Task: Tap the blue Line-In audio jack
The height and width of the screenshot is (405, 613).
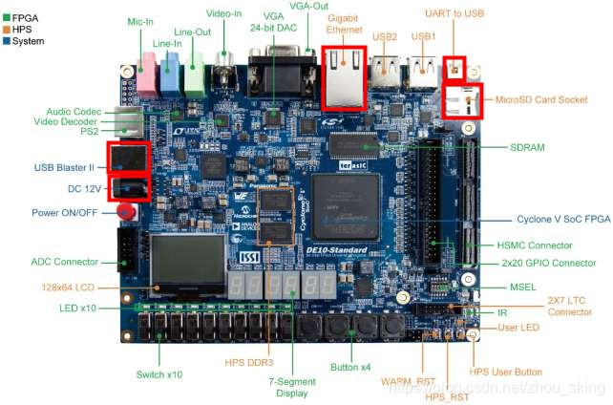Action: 170,75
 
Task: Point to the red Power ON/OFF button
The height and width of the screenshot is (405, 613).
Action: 126,212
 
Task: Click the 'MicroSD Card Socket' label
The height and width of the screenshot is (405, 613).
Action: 541,99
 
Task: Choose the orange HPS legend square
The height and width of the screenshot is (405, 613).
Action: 7,29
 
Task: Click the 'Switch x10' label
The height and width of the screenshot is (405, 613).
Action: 159,374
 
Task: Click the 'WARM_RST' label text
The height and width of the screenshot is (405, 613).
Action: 408,380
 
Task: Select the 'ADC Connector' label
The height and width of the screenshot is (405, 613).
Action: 65,262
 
